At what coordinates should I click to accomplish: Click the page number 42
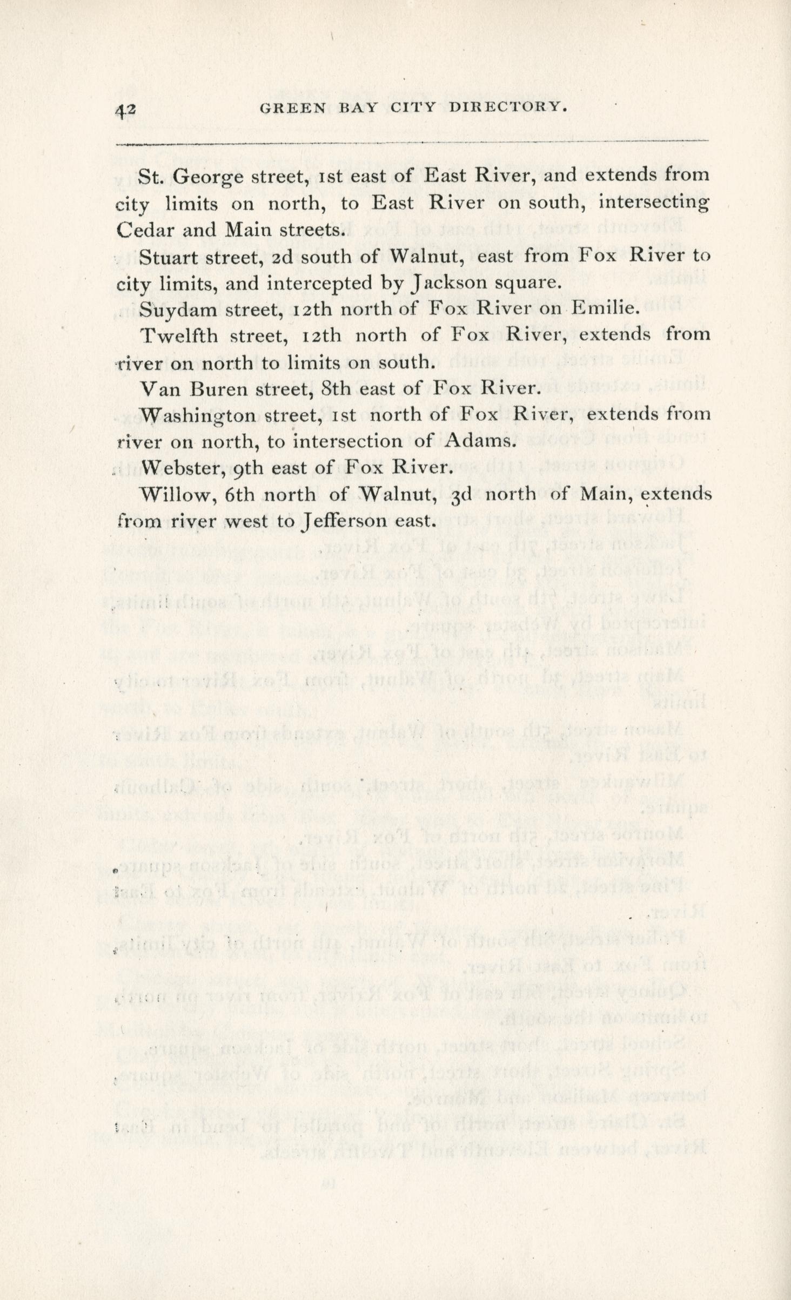point(125,110)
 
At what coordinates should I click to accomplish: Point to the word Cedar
point(145,230)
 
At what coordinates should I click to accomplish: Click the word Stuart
point(169,257)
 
